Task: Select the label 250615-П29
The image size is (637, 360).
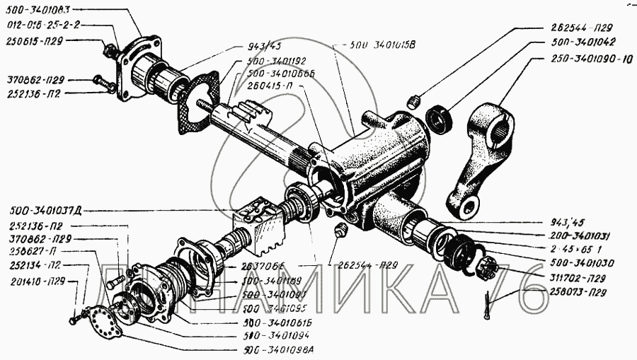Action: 35,41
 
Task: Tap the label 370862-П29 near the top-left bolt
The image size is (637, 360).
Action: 35,79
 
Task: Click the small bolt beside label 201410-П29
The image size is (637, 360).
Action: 74,320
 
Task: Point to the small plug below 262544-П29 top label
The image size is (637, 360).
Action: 416,97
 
